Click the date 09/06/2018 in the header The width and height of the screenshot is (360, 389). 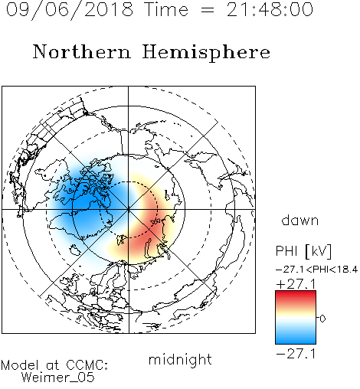70,9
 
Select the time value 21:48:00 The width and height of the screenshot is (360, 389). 270,9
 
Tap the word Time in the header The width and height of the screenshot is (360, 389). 166,9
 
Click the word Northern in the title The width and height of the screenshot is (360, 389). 82,51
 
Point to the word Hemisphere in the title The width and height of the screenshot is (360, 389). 206,53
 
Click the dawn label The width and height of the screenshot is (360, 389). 300,220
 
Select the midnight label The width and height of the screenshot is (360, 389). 180,359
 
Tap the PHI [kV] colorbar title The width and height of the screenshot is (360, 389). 303,251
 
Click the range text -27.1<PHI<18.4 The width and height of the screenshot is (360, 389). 316,270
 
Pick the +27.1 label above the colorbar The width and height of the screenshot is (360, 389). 296,284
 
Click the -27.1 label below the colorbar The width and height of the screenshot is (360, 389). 296,354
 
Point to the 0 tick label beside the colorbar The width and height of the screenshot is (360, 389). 322,319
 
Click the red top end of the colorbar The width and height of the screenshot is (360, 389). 296,293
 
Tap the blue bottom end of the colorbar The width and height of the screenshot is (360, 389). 296,342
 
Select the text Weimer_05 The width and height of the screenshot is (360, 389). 58,378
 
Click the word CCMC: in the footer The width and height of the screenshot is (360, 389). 87,365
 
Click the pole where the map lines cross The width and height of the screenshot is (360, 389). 129,209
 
